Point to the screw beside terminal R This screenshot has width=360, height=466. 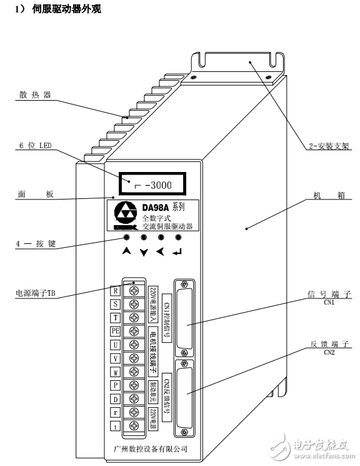[x=133, y=290]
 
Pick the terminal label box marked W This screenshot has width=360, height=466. [x=116, y=372]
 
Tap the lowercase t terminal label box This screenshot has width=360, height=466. [x=116, y=426]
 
